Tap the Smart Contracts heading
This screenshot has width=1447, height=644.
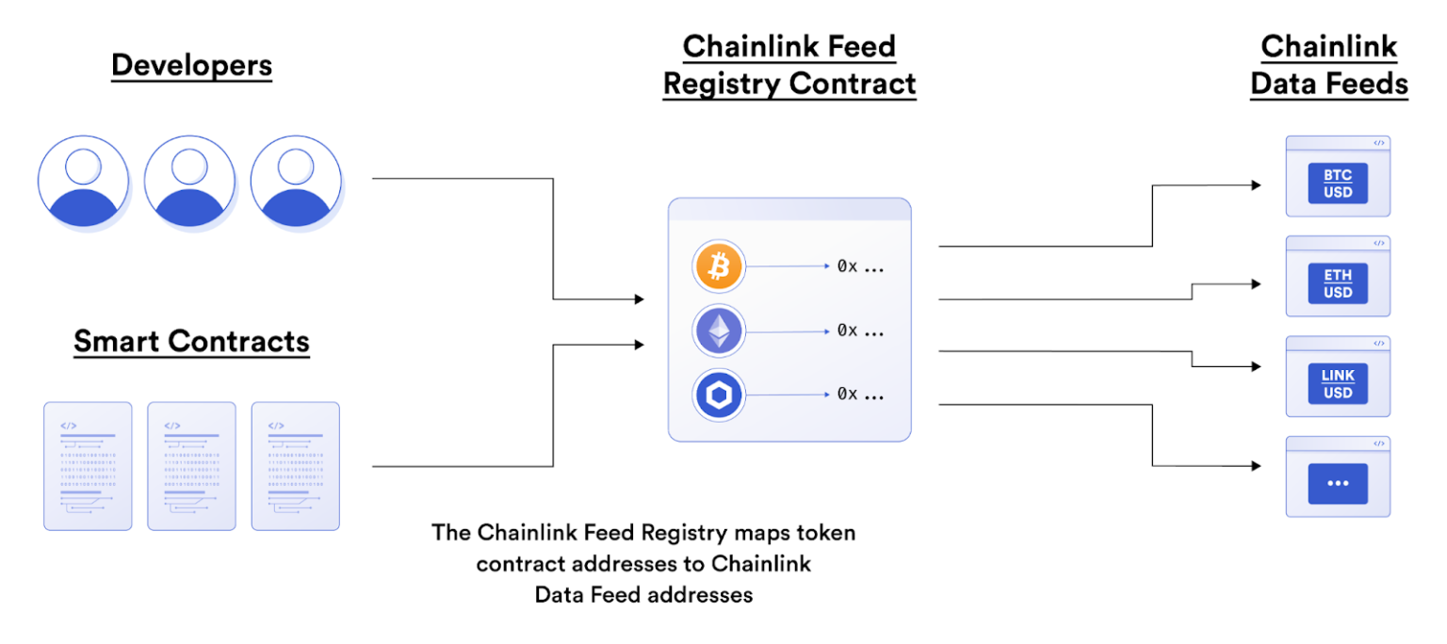coord(191,340)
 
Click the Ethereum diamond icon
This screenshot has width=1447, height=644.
coord(719,330)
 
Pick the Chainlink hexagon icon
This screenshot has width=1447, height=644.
coord(719,394)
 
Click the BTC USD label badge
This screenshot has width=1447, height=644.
coord(1338,184)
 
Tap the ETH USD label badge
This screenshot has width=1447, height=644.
coord(1338,283)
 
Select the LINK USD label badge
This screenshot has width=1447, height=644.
coord(1338,384)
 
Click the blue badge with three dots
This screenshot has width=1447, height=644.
coord(1338,483)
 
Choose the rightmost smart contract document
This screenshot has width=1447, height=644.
coord(295,466)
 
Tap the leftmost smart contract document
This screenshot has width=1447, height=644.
coord(88,466)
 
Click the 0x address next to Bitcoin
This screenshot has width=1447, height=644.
coord(860,266)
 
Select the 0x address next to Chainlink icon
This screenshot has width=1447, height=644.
coord(860,394)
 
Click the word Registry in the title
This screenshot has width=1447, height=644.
coord(722,83)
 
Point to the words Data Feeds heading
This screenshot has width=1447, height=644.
coord(1328,83)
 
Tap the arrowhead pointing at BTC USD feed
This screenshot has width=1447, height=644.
coord(1256,185)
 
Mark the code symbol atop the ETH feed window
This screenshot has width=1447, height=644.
coord(1378,243)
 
